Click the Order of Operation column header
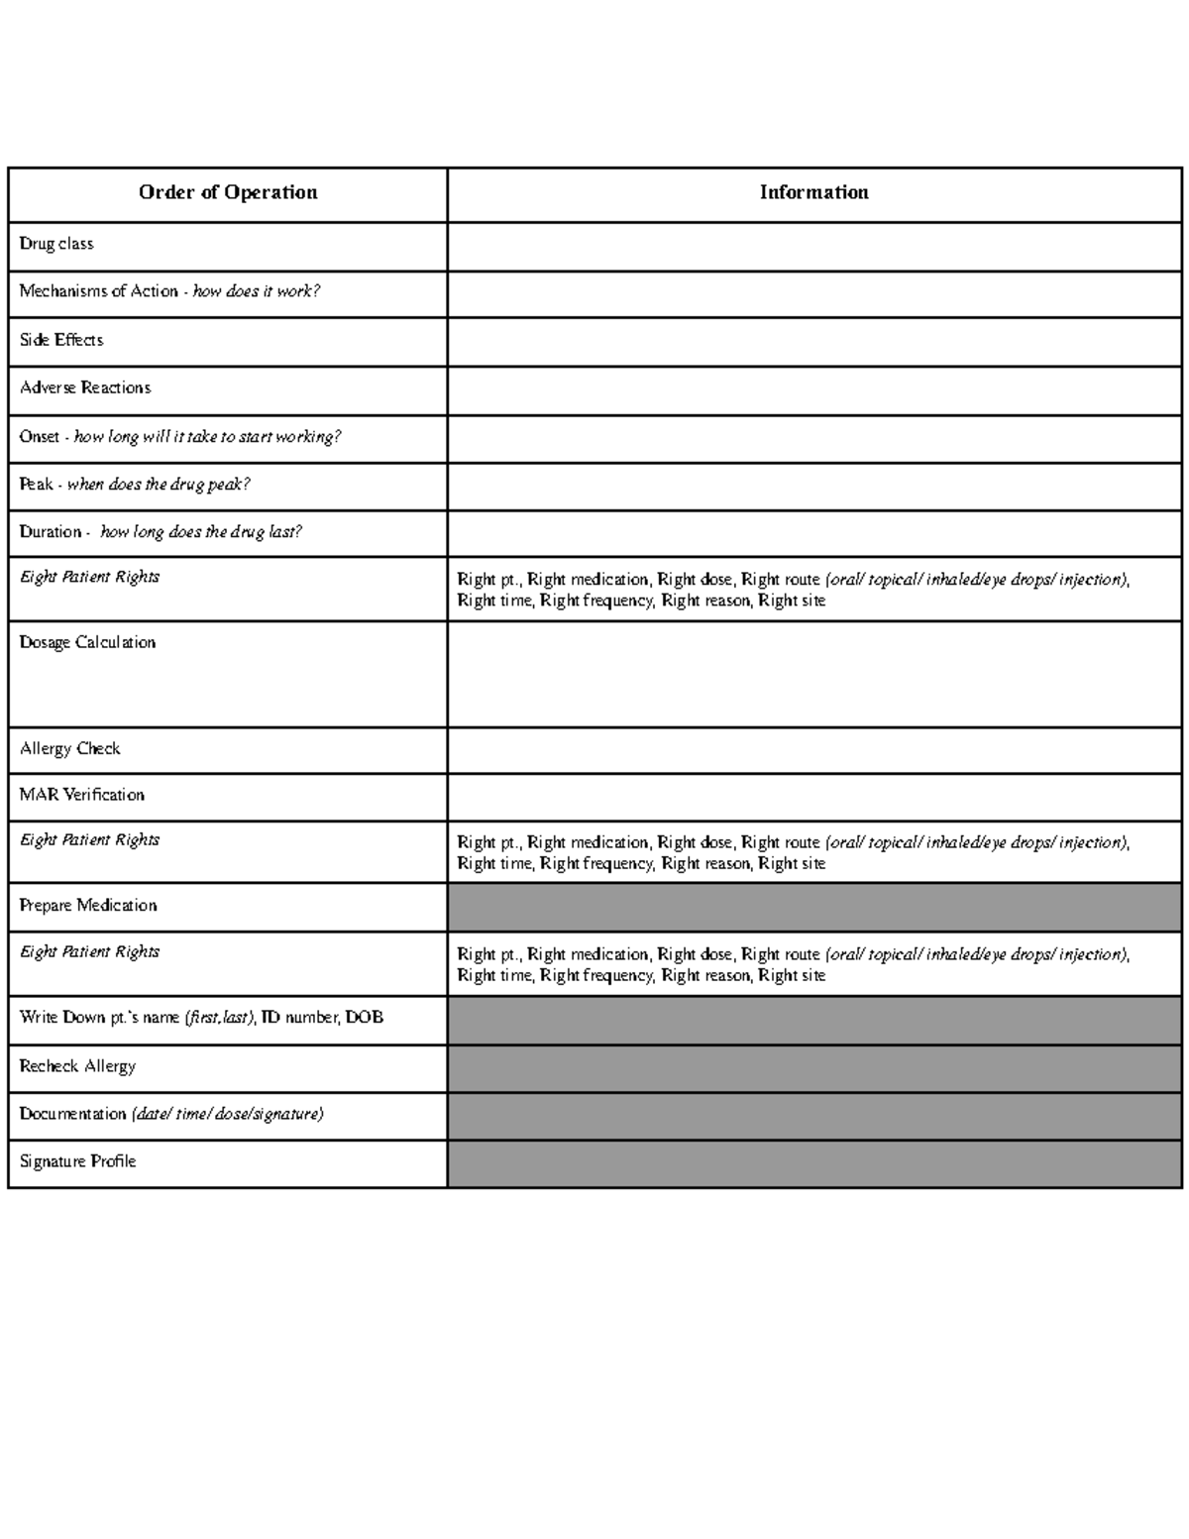(228, 192)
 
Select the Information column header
(813, 192)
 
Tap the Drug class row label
(56, 244)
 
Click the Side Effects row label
(61, 340)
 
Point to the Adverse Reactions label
(85, 387)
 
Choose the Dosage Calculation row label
(87, 642)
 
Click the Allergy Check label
(69, 748)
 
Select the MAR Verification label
(82, 795)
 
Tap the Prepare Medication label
(88, 906)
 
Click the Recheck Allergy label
(77, 1066)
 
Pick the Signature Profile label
(77, 1161)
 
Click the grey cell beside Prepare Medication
(813, 907)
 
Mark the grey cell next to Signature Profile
(813, 1163)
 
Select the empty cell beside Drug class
(813, 246)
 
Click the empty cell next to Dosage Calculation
(813, 674)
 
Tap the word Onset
(40, 436)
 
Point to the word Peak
(37, 485)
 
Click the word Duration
(51, 532)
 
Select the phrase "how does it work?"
(256, 291)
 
